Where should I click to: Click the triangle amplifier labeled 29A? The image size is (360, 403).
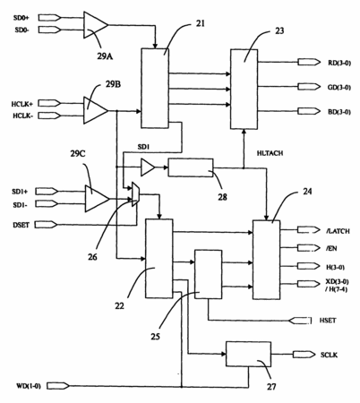pos(95,25)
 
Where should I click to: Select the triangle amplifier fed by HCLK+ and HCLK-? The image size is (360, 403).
pos(95,110)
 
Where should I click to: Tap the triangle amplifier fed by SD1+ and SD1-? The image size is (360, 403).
pos(97,199)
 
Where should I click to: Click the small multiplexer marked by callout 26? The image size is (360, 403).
pos(135,194)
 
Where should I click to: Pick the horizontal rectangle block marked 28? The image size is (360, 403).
pos(191,167)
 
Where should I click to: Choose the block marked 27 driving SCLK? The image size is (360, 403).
pos(248,354)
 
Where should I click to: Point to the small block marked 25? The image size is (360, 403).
pos(208,274)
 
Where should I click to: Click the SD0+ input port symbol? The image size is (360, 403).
pos(50,18)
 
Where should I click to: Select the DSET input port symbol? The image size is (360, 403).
pos(46,225)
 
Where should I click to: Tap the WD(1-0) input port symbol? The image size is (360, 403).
pos(58,385)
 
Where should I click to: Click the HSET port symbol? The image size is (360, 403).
pos(300,321)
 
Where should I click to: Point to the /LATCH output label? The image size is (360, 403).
pos(338,231)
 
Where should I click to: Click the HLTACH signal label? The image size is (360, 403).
pos(270,153)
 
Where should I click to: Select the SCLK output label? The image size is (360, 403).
pos(329,355)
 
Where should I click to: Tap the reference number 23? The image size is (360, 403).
pos(279,30)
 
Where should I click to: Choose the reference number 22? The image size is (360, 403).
pos(119,306)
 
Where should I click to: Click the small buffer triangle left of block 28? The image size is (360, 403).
pos(148,167)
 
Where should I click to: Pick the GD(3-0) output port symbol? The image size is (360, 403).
pos(309,87)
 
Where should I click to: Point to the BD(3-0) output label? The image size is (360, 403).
pos(339,112)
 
